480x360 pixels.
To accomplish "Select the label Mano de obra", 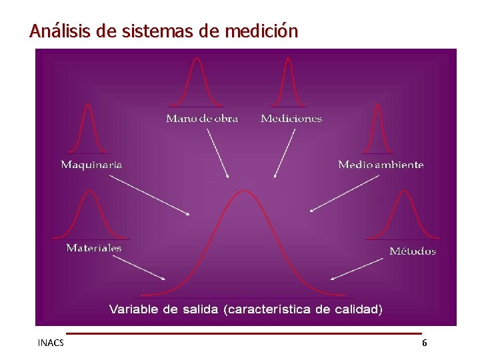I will click(202, 119).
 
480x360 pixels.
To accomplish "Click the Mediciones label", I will click(291, 119).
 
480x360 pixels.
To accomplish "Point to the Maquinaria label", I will click(91, 164).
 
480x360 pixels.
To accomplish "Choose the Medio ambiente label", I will click(381, 164).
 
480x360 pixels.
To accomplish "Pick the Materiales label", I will click(94, 248).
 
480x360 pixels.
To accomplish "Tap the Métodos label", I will click(413, 251).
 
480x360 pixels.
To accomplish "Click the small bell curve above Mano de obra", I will click(196, 83).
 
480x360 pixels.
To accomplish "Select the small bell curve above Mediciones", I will click(288, 83).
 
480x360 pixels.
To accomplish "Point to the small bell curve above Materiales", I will click(91, 215).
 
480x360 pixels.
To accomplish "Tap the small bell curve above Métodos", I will click(403, 215).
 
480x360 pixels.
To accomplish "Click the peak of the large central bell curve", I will click(245, 192).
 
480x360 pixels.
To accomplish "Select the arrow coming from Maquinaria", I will click(149, 195).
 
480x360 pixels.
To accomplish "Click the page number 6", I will click(425, 343).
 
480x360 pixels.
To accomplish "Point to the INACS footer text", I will click(51, 343).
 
